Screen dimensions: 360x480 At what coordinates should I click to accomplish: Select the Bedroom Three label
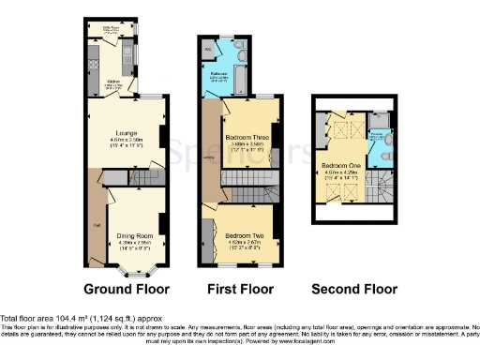(244, 137)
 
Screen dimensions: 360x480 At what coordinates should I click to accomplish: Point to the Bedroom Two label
(244, 235)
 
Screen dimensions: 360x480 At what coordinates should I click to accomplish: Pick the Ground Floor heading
(125, 289)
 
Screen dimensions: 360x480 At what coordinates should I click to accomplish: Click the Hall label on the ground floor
(97, 223)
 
